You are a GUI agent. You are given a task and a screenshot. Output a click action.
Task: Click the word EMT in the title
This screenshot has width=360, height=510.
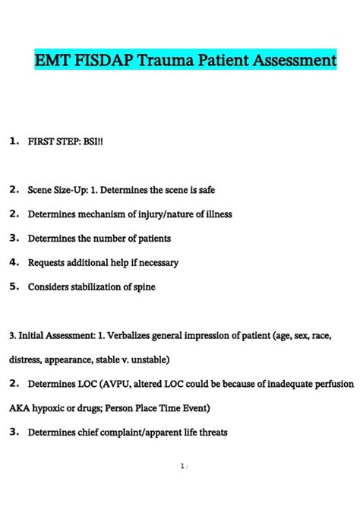pos(53,59)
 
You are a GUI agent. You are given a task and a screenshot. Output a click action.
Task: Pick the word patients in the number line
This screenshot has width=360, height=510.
pos(152,238)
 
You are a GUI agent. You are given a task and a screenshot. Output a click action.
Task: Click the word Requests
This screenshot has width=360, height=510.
pos(48,262)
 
